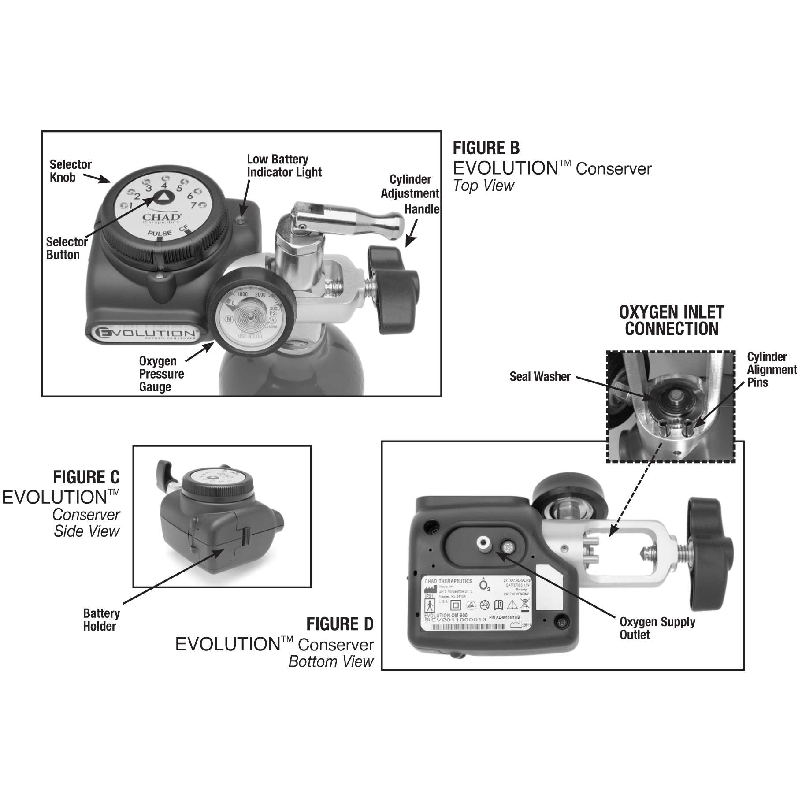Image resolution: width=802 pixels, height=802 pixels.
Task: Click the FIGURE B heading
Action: click(486, 148)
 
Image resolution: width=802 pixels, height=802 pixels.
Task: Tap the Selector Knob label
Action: click(70, 171)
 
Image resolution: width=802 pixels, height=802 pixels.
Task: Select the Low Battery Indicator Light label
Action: click(284, 166)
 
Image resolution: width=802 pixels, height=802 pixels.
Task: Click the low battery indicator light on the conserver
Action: click(240, 220)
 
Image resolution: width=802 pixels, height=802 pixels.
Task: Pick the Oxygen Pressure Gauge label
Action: click(161, 374)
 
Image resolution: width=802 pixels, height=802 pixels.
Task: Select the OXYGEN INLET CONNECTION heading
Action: click(671, 320)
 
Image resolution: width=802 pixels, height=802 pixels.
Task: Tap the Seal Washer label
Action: click(540, 377)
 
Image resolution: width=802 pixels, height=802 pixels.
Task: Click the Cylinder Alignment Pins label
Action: click(771, 369)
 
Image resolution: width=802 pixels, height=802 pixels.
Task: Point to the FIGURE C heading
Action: click(86, 477)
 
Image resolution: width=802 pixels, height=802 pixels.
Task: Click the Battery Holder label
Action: click(101, 620)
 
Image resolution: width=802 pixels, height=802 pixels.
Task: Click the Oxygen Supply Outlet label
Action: click(657, 628)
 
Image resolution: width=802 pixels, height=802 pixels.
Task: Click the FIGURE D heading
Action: click(339, 624)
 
